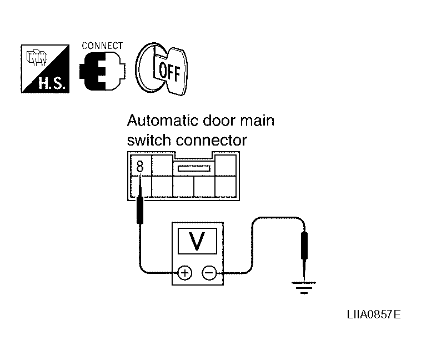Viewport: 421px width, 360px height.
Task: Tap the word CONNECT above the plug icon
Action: pyautogui.click(x=102, y=46)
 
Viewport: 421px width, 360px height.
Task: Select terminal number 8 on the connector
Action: pyautogui.click(x=140, y=166)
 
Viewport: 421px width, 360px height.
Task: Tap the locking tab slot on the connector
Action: pyautogui.click(x=193, y=168)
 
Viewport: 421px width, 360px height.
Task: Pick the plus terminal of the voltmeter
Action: pyautogui.click(x=184, y=272)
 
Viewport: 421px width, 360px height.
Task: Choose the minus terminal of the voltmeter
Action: pyautogui.click(x=209, y=272)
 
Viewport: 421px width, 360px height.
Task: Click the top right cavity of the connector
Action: pyautogui.click(x=225, y=165)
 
